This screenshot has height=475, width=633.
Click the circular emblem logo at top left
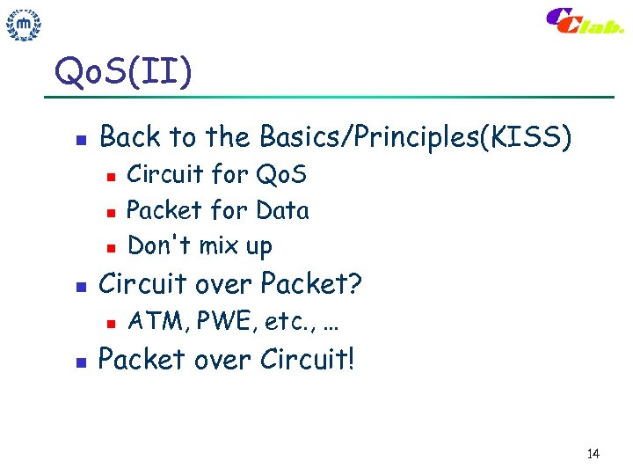pyautogui.click(x=25, y=26)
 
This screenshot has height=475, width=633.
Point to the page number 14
pyautogui.click(x=592, y=454)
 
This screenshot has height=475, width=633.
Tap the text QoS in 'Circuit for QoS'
pyautogui.click(x=281, y=175)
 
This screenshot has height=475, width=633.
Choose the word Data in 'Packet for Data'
pyautogui.click(x=282, y=210)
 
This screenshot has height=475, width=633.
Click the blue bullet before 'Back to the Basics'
pyautogui.click(x=79, y=139)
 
